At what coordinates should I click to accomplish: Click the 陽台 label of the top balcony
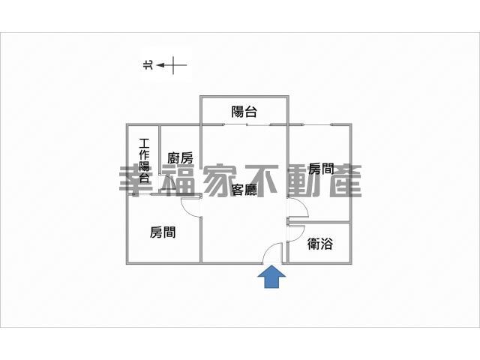(244, 112)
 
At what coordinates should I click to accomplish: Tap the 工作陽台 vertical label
(144, 160)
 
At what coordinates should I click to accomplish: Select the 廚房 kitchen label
(180, 158)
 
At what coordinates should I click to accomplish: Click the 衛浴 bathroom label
(320, 244)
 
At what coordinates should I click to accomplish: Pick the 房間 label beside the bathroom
(321, 168)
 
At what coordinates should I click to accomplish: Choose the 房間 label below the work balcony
(163, 232)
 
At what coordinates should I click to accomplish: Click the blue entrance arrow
(271, 277)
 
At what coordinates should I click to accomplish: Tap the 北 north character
(148, 65)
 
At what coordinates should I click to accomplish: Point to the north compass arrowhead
(160, 65)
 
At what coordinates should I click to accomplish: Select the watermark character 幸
(135, 181)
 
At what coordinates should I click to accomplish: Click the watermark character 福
(178, 181)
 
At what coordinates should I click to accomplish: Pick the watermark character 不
(262, 181)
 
